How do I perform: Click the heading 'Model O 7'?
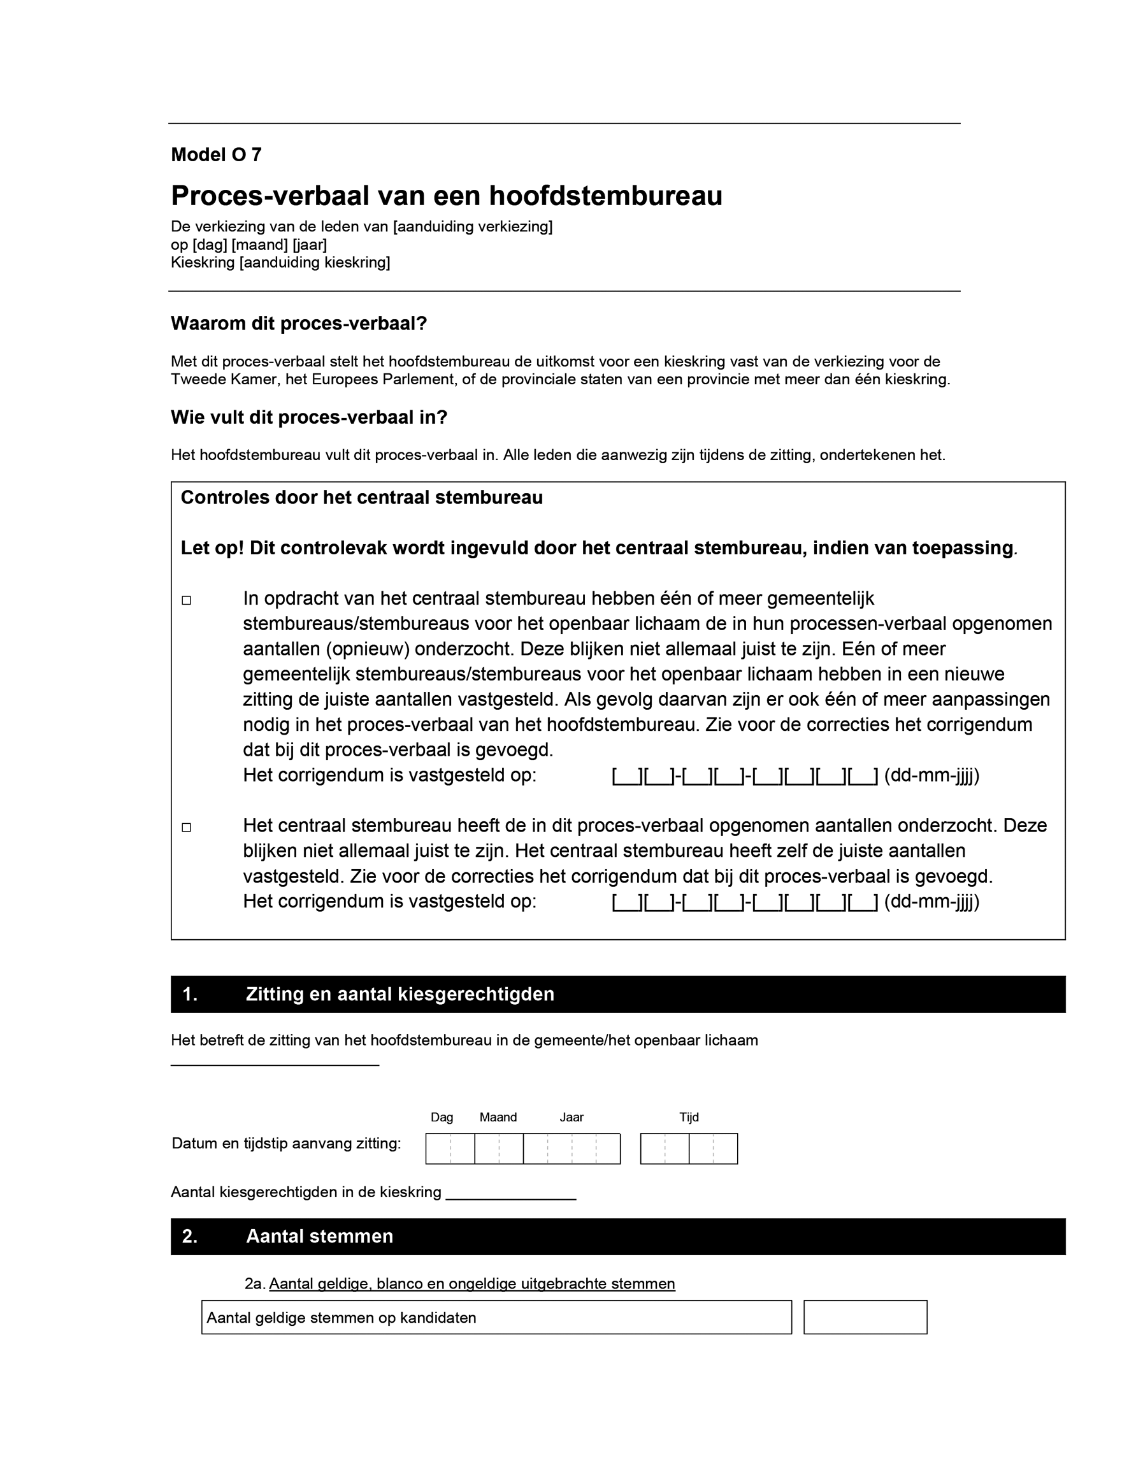[216, 155]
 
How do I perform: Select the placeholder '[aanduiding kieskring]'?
[314, 263]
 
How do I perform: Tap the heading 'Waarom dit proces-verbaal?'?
[298, 324]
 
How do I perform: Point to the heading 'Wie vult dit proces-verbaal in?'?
[308, 417]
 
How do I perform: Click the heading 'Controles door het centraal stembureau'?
[361, 498]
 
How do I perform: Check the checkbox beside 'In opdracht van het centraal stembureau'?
[187, 600]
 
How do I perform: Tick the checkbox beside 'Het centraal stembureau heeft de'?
[187, 828]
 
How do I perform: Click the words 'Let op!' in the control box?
[212, 548]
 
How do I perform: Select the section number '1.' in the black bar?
[190, 994]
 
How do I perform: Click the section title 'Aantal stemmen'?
[319, 1236]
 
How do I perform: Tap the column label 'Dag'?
[442, 1117]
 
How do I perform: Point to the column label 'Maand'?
[498, 1117]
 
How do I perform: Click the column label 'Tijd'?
[688, 1117]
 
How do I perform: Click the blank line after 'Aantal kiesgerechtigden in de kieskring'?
[510, 1197]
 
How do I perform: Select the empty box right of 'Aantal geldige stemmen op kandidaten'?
[865, 1317]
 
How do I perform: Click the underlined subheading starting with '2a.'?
[459, 1284]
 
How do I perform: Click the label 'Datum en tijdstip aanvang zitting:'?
[286, 1143]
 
